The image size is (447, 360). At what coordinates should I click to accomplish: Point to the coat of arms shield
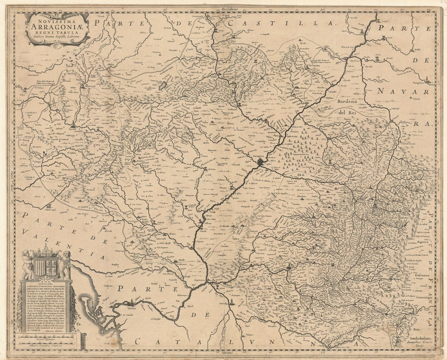pyautogui.click(x=46, y=267)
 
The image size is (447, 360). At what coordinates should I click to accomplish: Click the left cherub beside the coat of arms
pyautogui.click(x=28, y=264)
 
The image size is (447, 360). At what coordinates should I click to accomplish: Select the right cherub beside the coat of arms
pyautogui.click(x=65, y=264)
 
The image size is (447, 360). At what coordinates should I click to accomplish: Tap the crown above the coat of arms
pyautogui.click(x=46, y=252)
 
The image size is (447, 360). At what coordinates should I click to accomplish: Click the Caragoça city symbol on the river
pyautogui.click(x=260, y=162)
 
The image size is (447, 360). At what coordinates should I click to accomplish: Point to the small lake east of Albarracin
pyautogui.click(x=163, y=86)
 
